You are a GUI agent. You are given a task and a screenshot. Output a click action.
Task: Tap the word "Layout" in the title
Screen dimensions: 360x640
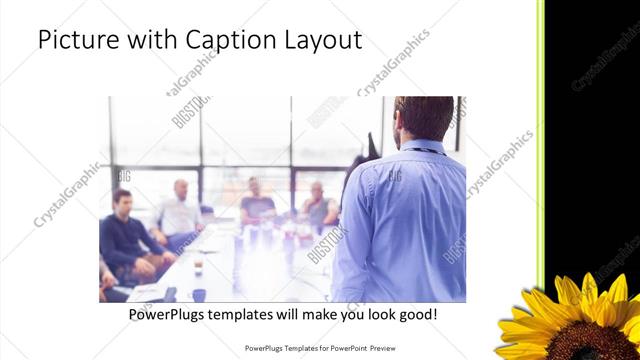pyautogui.click(x=320, y=41)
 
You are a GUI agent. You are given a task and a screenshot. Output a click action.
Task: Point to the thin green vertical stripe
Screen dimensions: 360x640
pyautogui.click(x=541, y=140)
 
